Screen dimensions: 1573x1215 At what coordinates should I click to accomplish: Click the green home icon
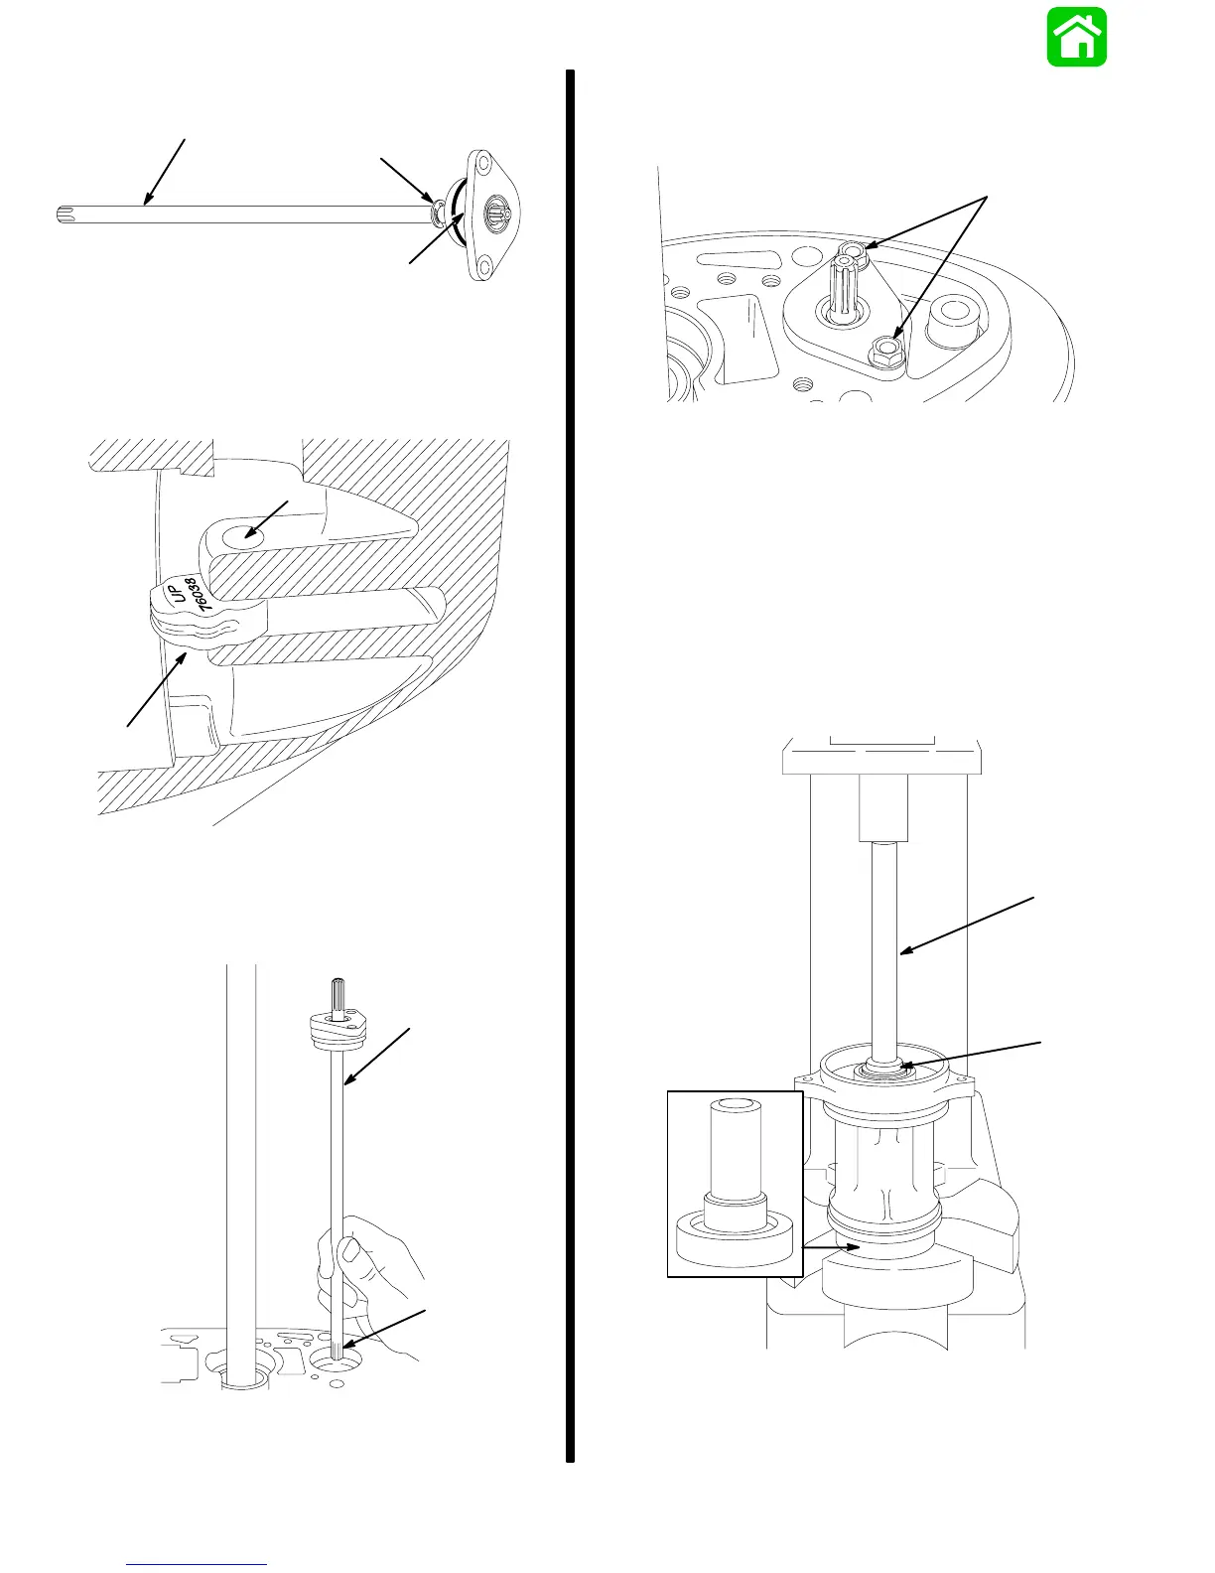point(1076,38)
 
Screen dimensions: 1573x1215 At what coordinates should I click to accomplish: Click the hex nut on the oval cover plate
point(883,351)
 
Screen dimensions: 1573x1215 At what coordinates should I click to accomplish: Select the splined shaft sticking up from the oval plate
point(845,283)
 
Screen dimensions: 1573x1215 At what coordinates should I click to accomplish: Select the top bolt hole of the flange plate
point(485,161)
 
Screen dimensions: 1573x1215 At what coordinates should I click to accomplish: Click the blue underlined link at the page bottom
point(197,1564)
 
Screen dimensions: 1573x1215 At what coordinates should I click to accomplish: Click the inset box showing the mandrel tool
point(735,1183)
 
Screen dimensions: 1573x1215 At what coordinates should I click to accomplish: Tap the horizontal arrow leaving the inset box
point(827,1246)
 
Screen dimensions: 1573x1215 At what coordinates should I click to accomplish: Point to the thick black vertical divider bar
point(571,765)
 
